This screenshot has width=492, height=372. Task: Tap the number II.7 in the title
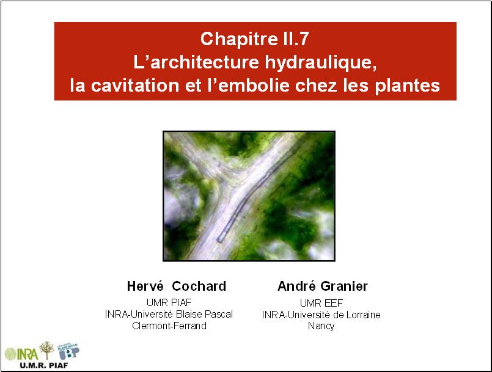point(294,38)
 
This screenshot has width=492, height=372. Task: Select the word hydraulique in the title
point(321,62)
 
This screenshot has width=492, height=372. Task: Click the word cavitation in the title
point(135,86)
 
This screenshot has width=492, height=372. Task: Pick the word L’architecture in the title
point(196,62)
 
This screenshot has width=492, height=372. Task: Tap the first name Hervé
point(145,286)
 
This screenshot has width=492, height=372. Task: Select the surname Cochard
point(199,286)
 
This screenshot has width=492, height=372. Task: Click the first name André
point(296,286)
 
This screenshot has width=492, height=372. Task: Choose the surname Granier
point(344,286)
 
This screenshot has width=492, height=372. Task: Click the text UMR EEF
point(321,303)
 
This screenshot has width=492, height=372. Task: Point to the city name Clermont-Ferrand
point(169,326)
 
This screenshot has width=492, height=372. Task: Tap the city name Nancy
point(321,326)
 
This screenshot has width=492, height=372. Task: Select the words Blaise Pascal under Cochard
point(204,314)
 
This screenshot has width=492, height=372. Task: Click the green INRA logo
point(21,354)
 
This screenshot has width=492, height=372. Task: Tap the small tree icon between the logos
point(46,350)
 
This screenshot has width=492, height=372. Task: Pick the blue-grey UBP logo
point(68,351)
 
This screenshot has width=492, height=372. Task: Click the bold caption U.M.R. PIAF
point(43,365)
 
